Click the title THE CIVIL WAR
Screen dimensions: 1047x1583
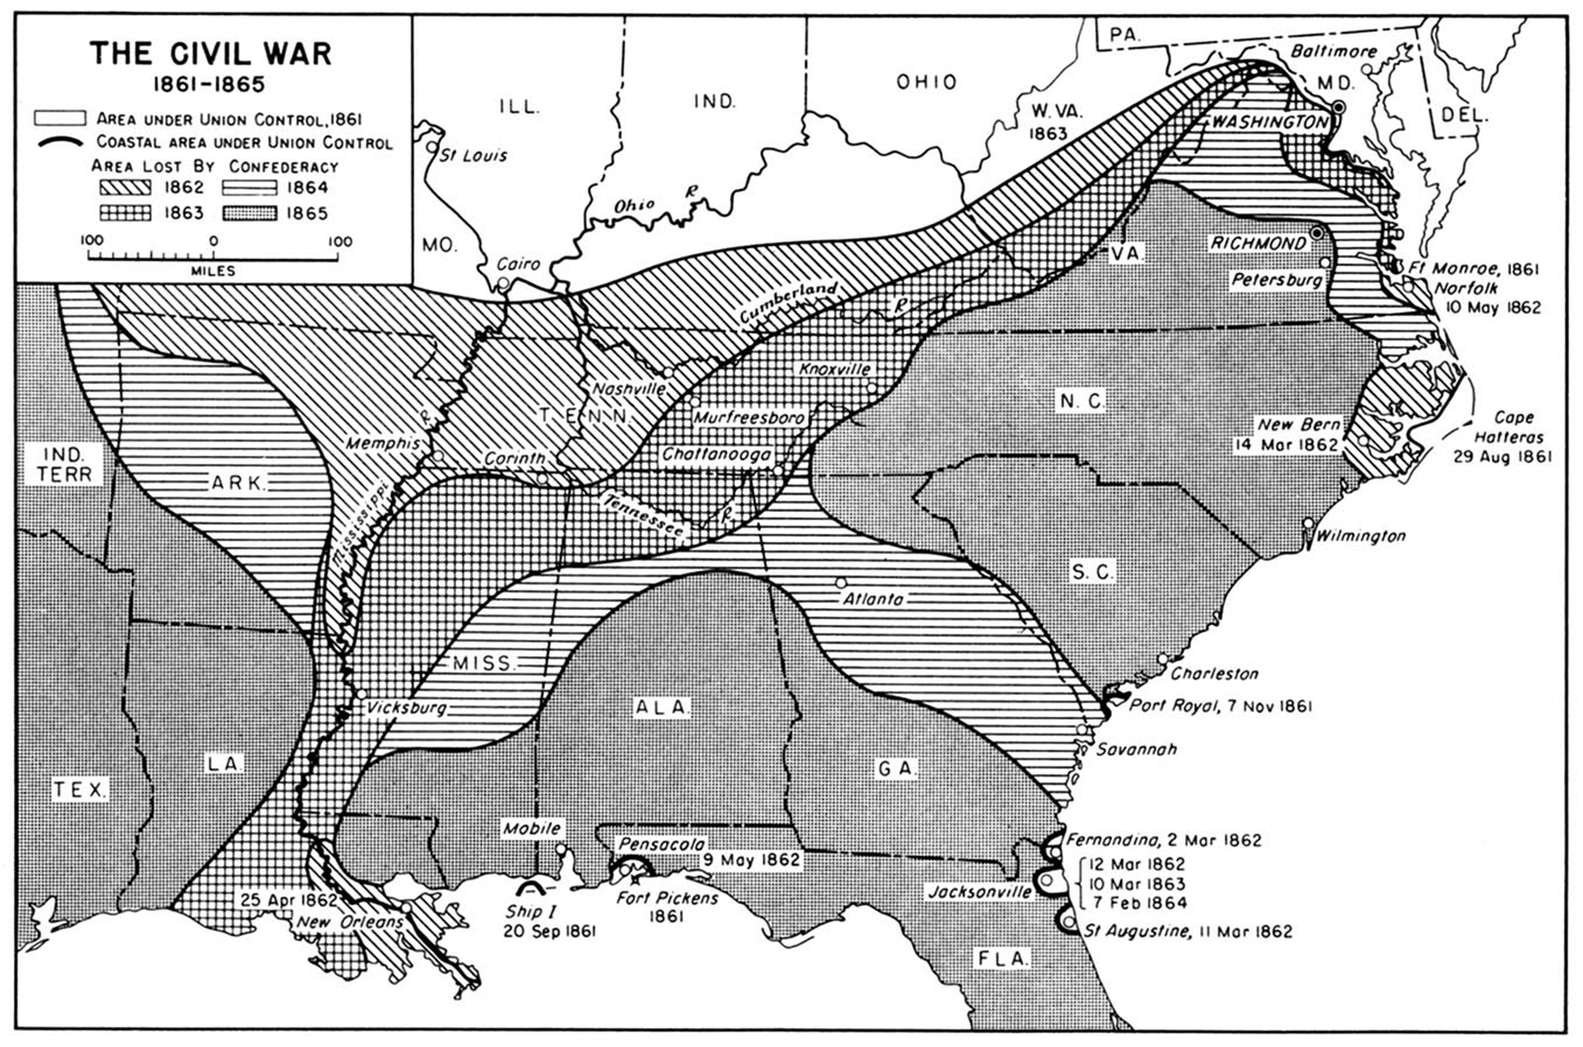210,52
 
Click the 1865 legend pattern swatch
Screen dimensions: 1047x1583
249,213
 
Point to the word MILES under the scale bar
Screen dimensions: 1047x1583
213,271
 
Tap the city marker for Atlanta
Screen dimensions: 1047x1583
841,582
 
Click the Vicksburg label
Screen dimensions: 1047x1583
406,709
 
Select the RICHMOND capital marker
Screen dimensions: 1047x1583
1317,233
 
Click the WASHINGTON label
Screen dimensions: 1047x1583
1268,123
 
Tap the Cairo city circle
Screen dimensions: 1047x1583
504,283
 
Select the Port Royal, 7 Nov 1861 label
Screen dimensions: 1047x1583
1220,706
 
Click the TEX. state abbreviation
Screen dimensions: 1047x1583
81,790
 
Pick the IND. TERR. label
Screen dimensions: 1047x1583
64,465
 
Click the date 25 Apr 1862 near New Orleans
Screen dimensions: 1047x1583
286,901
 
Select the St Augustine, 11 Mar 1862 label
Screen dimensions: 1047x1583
1186,931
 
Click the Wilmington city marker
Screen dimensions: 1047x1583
1308,523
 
